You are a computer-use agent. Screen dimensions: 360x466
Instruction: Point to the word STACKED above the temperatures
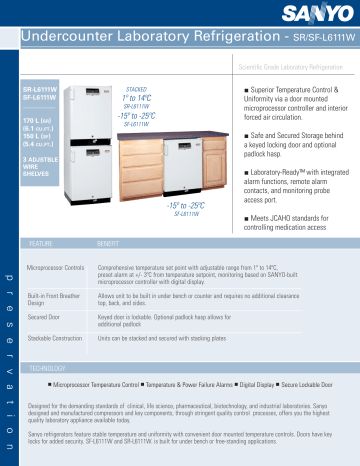pos(136,88)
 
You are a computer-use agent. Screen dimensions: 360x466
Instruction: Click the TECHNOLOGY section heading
pos(49,369)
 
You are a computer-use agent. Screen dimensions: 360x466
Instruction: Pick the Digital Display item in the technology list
pos(261,384)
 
